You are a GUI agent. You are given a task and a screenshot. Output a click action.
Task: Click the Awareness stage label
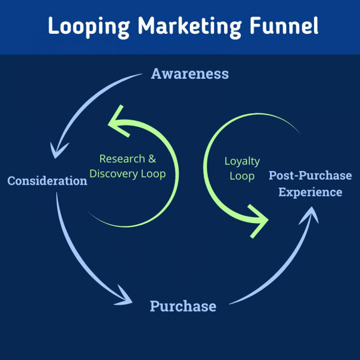(189, 73)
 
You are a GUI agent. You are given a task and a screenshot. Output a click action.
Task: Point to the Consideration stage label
(47, 181)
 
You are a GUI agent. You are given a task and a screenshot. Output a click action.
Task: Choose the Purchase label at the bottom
(183, 306)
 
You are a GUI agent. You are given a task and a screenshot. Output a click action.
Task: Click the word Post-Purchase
(310, 175)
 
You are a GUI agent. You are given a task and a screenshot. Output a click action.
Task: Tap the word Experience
(310, 192)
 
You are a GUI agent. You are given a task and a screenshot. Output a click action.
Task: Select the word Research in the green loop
(122, 159)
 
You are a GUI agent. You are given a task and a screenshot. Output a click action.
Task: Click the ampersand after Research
(152, 159)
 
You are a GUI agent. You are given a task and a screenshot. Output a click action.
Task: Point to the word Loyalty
(242, 161)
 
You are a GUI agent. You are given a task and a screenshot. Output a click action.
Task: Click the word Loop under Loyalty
(242, 176)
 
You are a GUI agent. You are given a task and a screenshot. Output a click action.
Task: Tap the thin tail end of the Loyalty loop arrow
(299, 133)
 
